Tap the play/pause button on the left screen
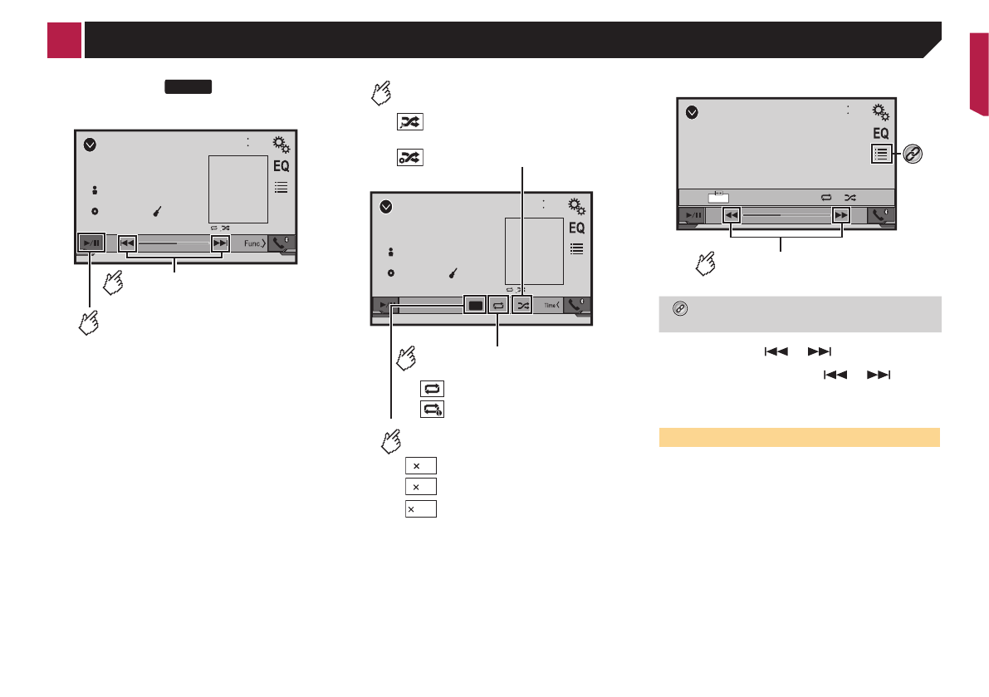pyautogui.click(x=91, y=243)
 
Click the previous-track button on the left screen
pyautogui.click(x=127, y=243)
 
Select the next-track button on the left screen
pyautogui.click(x=219, y=243)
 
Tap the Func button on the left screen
pyautogui.click(x=254, y=243)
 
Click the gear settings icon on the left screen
pyautogui.click(x=282, y=145)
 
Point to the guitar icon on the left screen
pyautogui.click(x=158, y=211)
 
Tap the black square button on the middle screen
pyautogui.click(x=476, y=305)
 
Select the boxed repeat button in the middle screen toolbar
pyautogui.click(x=498, y=305)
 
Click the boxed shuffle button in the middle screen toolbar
pyautogui.click(x=523, y=305)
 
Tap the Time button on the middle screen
pyautogui.click(x=552, y=305)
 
